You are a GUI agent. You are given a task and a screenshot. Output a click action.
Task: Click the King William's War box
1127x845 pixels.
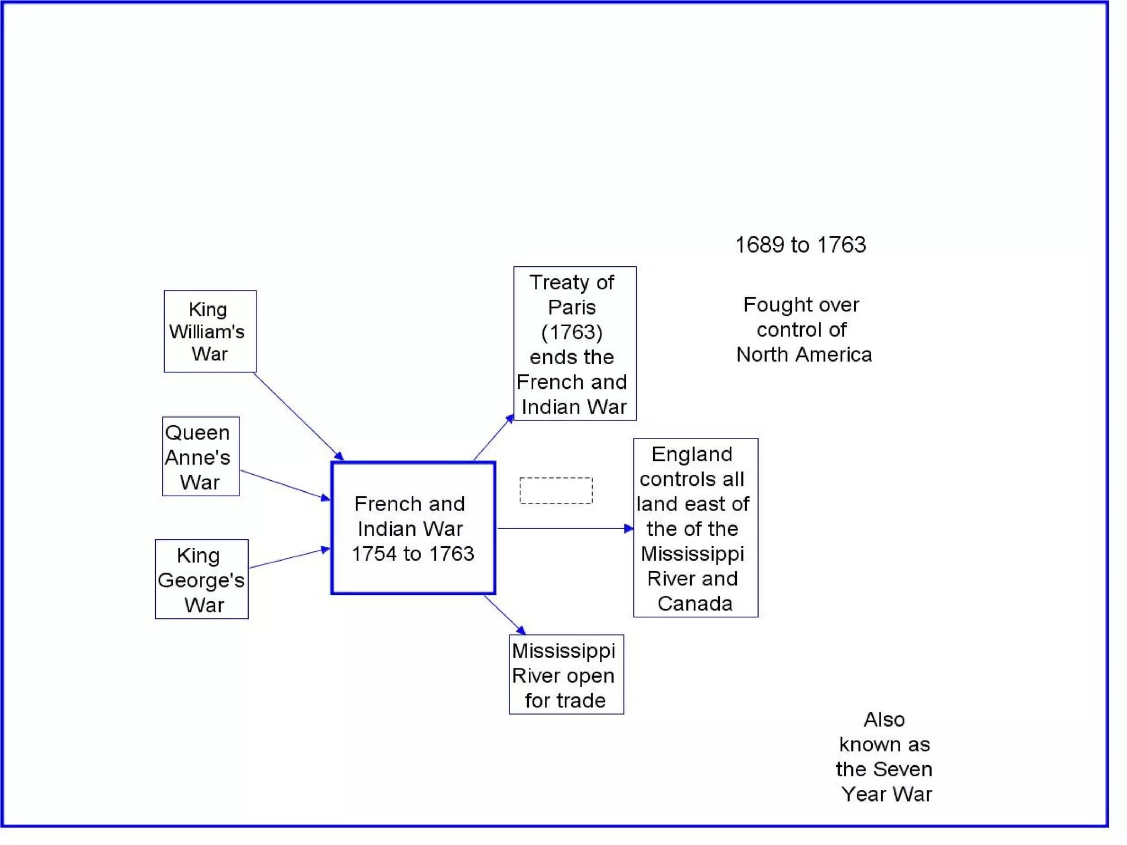pos(210,331)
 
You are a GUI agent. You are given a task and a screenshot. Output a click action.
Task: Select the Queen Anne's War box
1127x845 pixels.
pos(200,457)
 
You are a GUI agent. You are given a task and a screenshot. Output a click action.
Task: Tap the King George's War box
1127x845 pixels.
pos(201,579)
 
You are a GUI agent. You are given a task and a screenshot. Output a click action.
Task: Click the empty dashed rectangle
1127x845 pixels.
pos(556,490)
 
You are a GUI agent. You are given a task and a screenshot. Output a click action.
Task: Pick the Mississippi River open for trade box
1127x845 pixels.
pos(566,674)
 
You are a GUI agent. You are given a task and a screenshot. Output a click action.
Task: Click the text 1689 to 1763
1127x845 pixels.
pos(800,245)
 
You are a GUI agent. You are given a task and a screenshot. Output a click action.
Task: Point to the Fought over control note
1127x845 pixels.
pos(803,330)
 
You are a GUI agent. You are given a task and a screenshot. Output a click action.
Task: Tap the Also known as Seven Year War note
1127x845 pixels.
pos(884,756)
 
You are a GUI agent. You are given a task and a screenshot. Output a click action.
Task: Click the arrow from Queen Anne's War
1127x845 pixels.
pos(284,485)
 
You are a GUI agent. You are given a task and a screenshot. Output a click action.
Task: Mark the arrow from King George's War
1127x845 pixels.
pos(288,558)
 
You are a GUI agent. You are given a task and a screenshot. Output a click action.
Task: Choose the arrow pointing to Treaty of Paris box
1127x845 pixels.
pos(493,438)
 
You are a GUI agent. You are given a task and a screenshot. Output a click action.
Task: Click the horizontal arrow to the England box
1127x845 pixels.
pos(565,529)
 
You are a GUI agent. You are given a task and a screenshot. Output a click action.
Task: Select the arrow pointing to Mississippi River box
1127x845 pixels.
pos(504,614)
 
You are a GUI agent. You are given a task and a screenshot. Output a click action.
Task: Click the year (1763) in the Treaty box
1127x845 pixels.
pos(572,332)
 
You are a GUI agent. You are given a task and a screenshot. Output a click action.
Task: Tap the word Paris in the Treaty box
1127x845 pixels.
pos(572,307)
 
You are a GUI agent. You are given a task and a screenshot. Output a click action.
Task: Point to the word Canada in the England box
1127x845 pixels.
pos(695,603)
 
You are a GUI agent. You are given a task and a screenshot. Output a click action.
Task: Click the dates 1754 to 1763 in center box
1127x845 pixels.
pos(413,553)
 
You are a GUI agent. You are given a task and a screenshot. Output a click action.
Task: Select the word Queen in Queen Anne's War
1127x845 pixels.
pos(197,432)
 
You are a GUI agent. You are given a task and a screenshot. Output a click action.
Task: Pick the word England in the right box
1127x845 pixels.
pos(692,454)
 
